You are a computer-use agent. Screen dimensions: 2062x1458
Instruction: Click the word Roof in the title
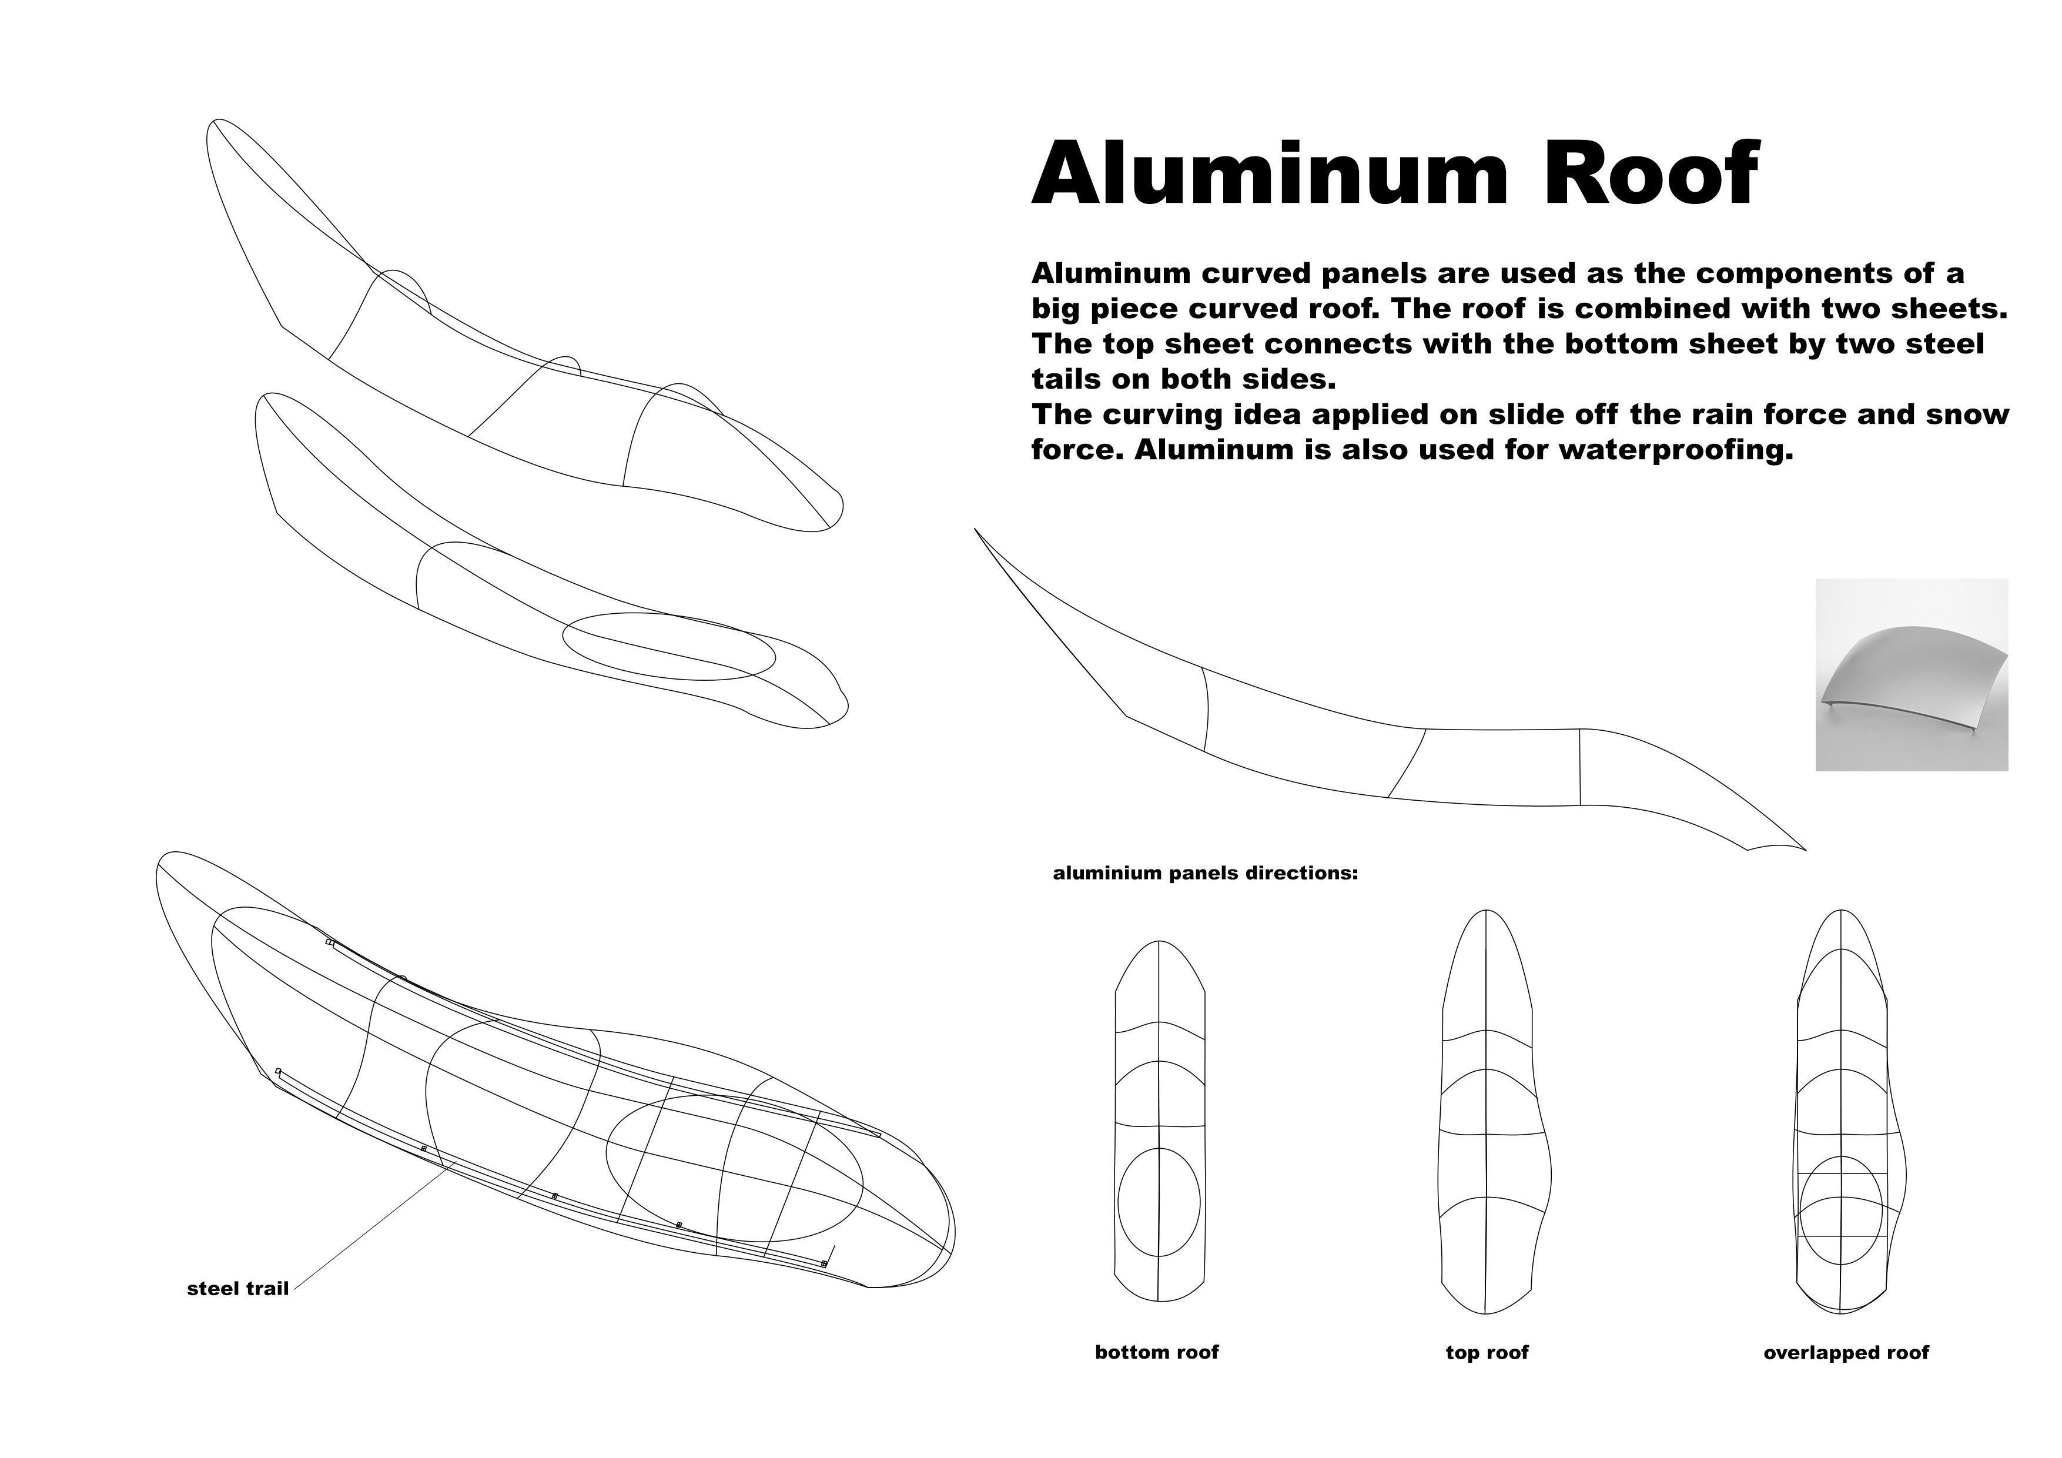pyautogui.click(x=1651, y=173)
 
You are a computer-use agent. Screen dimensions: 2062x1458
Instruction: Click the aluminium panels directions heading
pyautogui.click(x=1205, y=873)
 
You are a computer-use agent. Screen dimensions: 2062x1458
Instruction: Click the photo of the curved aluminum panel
pyautogui.click(x=1912, y=675)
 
